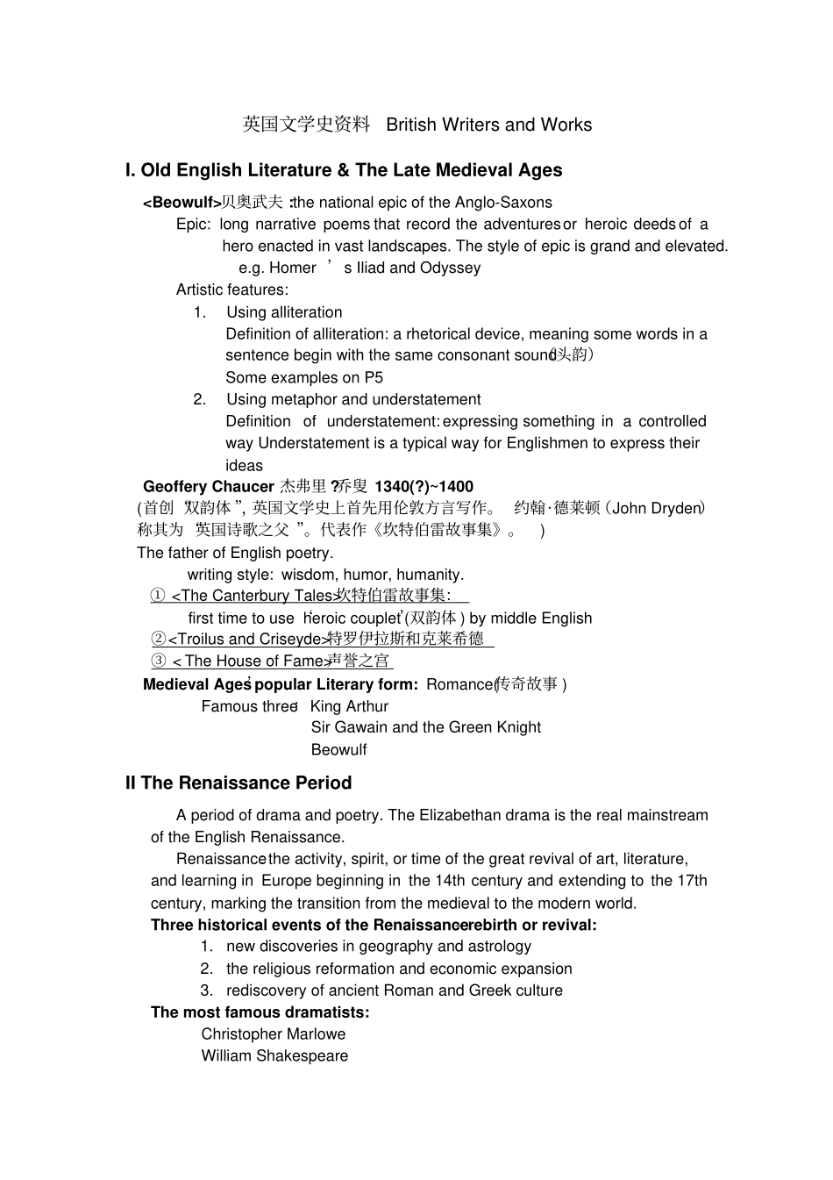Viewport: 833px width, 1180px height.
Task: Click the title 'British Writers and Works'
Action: (488, 125)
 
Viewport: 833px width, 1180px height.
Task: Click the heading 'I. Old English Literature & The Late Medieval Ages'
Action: (343, 170)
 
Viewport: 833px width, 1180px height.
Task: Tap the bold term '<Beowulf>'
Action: (182, 203)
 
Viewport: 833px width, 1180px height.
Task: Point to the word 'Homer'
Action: (292, 268)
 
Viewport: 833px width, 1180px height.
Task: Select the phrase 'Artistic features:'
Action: (231, 290)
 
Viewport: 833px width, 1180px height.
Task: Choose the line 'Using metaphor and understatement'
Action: (353, 399)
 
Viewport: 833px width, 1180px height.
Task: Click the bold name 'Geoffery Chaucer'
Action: (209, 487)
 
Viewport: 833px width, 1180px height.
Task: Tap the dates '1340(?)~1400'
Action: (424, 487)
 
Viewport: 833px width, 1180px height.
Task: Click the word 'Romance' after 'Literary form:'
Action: (459, 684)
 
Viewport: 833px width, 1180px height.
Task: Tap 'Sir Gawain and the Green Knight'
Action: (425, 727)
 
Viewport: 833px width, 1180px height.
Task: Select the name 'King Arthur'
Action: (349, 706)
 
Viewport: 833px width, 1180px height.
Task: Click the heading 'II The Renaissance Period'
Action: (239, 783)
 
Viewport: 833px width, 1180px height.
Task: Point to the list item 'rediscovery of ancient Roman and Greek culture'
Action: (395, 990)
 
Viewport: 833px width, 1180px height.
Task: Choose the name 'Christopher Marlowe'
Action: (273, 1034)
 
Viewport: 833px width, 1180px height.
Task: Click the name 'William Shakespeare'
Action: (274, 1056)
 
